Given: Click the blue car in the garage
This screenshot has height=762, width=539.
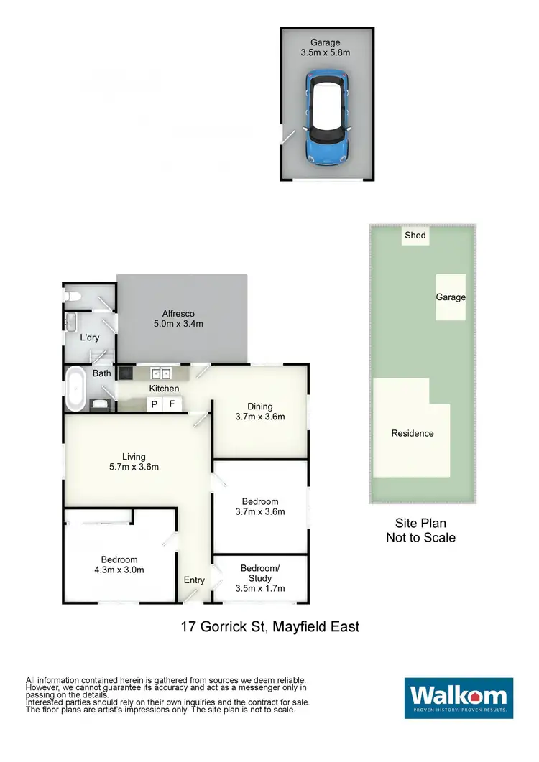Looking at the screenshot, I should pos(328,118).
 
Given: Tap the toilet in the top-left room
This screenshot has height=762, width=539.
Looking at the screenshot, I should pos(70,295).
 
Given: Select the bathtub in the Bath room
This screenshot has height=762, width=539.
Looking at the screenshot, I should pos(75,389).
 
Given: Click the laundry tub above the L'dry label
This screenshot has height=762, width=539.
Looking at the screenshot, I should pos(72,320).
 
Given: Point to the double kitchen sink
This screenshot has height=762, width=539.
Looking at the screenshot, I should pos(160,373).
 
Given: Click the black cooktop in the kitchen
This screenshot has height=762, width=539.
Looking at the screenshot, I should pos(126,373).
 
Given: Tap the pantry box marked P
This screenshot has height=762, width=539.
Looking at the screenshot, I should pos(154,405).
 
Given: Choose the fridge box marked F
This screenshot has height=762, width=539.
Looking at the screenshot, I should pos(172,405).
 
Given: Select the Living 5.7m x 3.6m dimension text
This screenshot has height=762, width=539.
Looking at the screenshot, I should pos(134,467).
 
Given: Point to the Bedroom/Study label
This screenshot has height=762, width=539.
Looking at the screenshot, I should pos(260,572).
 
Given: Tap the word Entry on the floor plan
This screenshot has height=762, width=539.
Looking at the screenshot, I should pos(194,580).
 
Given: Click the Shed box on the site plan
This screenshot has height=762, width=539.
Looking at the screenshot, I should pos(415,236).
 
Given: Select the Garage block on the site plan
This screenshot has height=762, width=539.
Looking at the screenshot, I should pos(451,297).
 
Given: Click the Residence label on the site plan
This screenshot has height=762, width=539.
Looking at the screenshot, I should pos(413,433).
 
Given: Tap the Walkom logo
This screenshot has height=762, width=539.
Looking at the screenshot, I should pos(459,697).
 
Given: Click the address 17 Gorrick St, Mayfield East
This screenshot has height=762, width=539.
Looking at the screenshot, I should pos(269,627).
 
